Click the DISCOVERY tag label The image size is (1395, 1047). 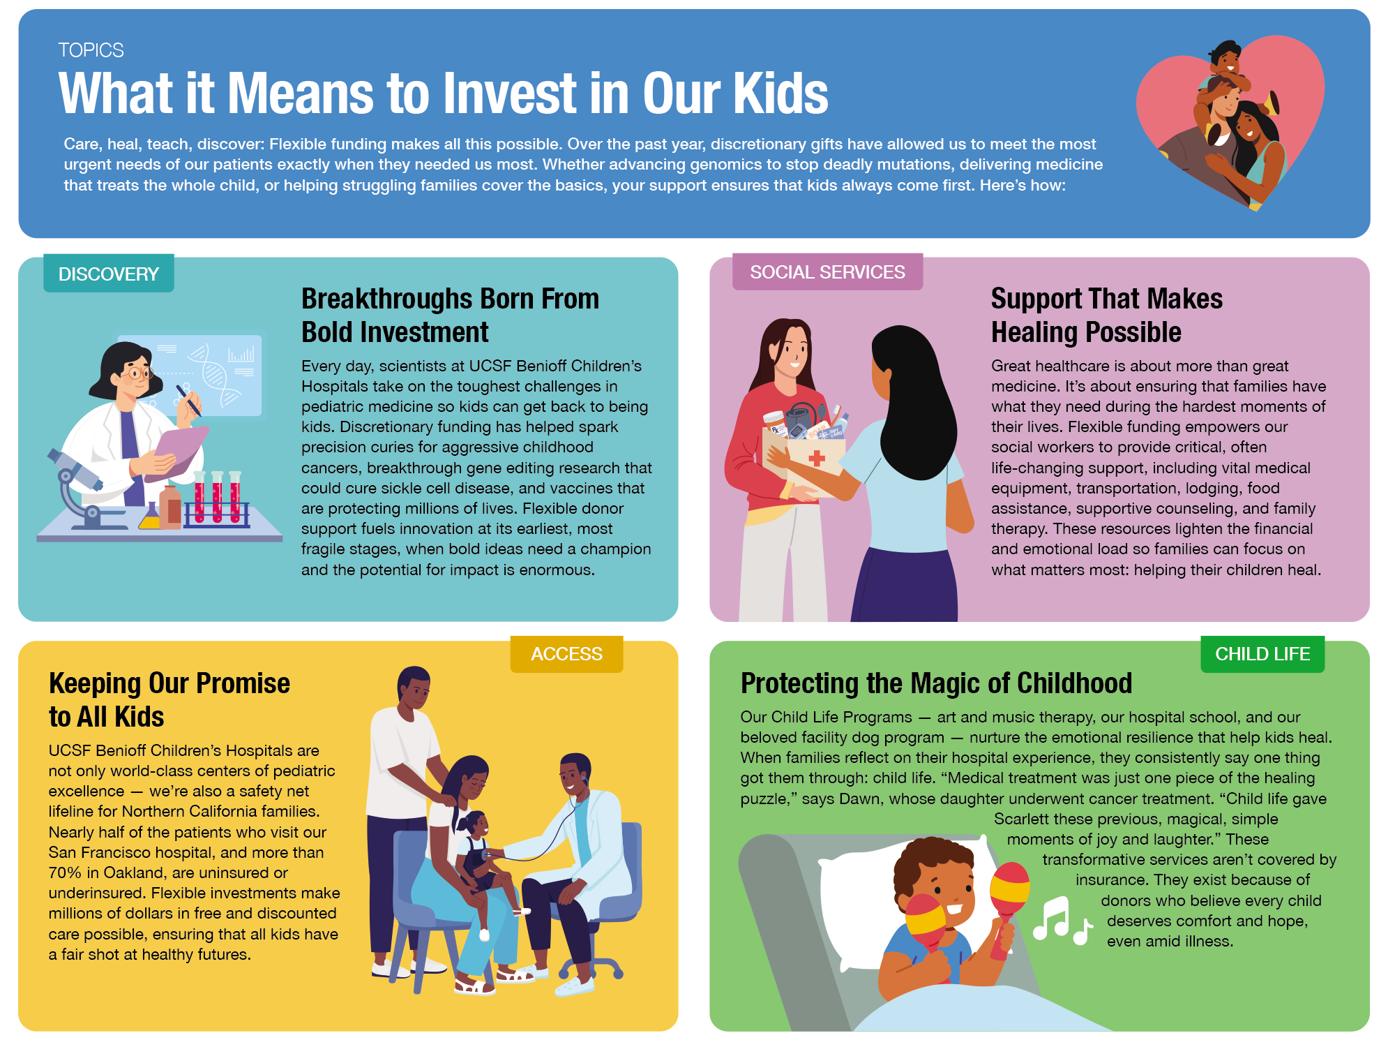[x=109, y=274]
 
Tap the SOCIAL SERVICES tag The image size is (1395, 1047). [x=827, y=272]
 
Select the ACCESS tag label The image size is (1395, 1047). [x=566, y=654]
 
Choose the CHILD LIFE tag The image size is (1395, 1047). [x=1262, y=654]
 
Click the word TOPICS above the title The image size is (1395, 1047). [x=91, y=50]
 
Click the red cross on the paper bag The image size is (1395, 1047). [x=817, y=459]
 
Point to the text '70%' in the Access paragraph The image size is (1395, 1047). [x=65, y=872]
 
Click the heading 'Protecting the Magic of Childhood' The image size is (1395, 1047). [x=936, y=683]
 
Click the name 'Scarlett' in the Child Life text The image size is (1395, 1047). [x=1022, y=819]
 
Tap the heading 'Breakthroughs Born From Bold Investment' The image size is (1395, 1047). [x=450, y=315]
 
